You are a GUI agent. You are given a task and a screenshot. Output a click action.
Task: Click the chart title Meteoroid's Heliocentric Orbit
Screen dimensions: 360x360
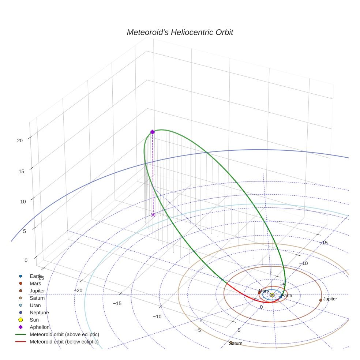pos(180,33)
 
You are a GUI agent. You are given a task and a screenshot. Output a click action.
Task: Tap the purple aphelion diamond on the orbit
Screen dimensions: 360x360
pos(153,132)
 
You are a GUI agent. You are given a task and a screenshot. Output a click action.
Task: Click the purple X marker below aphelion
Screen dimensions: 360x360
pos(153,215)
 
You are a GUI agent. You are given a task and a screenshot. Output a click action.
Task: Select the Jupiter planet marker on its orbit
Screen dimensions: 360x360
pos(321,300)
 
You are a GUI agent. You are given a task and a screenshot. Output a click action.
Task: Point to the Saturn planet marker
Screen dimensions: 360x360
pos(231,342)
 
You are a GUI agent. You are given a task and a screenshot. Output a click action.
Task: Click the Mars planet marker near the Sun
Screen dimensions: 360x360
pos(259,292)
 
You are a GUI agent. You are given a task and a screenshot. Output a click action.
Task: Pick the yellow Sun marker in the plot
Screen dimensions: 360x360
pos(272,295)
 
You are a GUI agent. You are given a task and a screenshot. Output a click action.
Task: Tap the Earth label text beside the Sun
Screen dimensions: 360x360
pos(287,296)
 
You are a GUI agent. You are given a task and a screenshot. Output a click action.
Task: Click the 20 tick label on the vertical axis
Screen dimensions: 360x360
pos(20,140)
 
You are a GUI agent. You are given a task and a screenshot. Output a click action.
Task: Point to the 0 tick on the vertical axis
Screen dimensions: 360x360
pos(26,260)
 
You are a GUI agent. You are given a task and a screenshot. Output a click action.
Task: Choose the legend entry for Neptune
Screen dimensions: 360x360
pos(39,312)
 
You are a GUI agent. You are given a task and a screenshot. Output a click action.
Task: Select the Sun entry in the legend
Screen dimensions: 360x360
pos(34,320)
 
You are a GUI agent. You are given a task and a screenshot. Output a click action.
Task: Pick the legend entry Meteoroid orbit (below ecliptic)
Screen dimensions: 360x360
pos(64,342)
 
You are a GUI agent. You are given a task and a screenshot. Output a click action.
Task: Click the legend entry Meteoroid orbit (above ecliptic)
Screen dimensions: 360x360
pos(64,334)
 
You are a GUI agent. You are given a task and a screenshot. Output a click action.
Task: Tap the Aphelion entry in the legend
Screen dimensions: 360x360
pos(39,327)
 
